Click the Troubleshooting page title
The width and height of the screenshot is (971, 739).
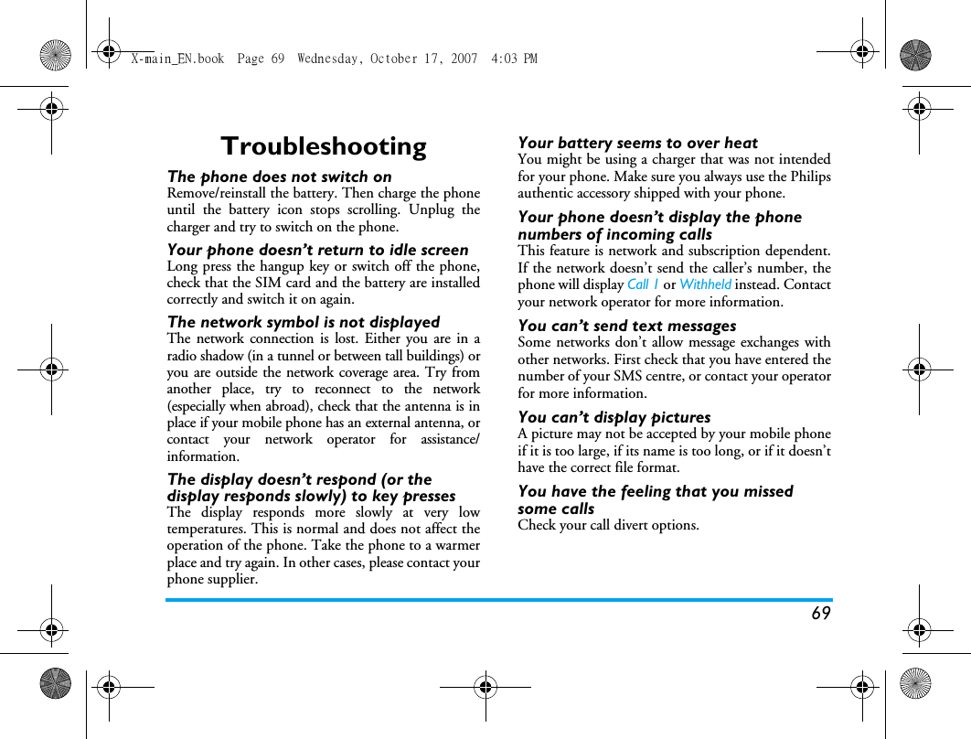point(324,146)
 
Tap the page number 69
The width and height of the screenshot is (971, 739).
point(820,614)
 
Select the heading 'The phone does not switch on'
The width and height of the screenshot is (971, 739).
point(279,177)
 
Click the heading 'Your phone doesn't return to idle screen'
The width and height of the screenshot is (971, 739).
point(317,250)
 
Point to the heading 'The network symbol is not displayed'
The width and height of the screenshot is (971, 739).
point(304,322)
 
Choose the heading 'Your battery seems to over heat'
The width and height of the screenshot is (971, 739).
point(637,143)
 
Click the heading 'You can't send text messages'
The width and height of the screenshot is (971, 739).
point(626,326)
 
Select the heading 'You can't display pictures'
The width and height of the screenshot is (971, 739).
point(614,417)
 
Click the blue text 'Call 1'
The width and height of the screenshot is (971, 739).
point(643,284)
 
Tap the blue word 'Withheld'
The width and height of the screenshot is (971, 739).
point(705,284)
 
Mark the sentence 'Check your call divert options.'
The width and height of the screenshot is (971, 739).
point(608,525)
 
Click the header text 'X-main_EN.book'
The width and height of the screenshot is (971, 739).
point(177,59)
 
